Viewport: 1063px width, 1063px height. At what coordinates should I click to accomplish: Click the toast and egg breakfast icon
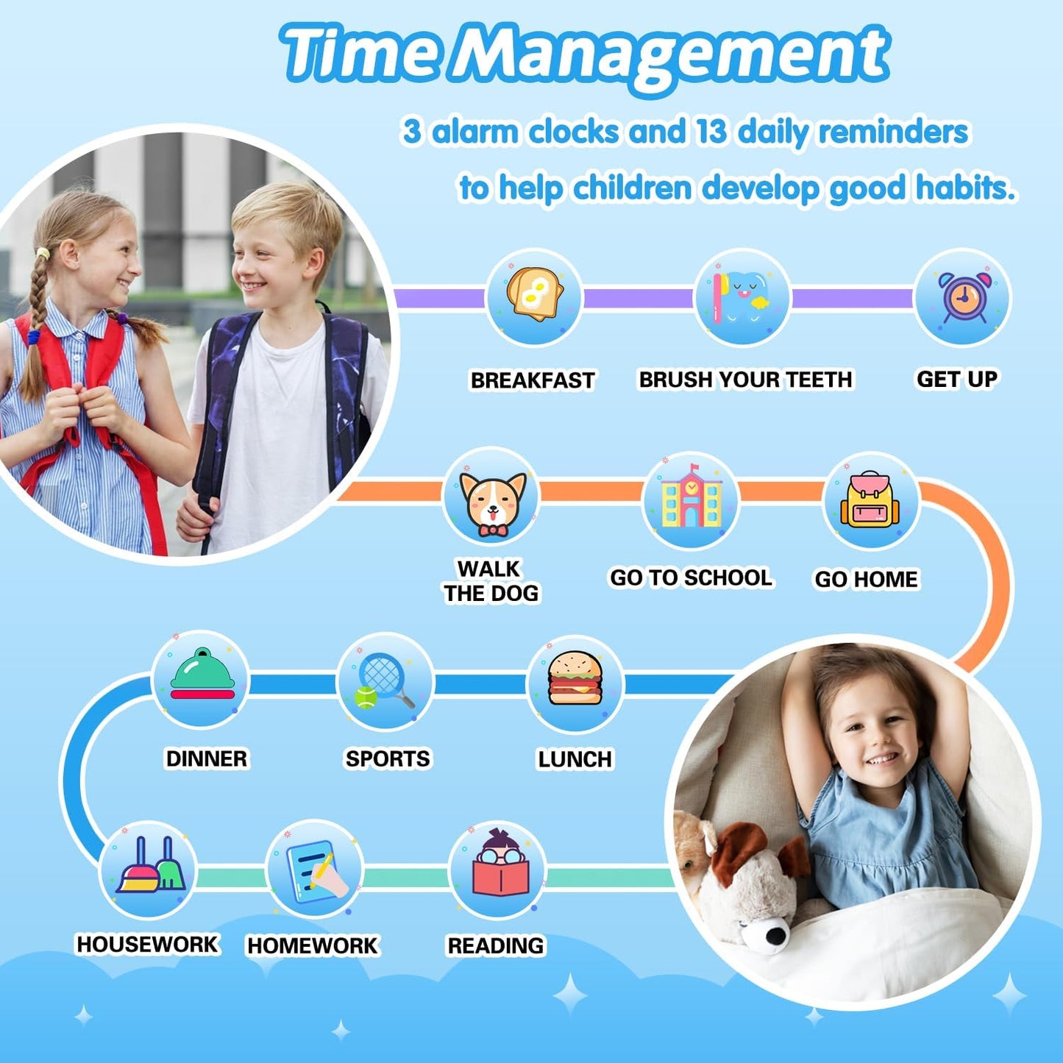point(535,295)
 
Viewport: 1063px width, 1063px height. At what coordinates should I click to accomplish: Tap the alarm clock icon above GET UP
point(963,296)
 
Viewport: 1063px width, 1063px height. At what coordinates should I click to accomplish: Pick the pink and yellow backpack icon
point(870,500)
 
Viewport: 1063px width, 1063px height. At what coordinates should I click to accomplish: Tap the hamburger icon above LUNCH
point(575,679)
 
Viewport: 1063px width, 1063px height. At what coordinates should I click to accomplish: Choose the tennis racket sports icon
point(385,680)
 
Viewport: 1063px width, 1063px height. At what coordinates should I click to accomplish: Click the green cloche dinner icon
point(202,675)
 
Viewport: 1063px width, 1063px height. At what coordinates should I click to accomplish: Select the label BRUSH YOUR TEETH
point(745,380)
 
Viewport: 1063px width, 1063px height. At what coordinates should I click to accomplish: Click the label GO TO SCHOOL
point(691,578)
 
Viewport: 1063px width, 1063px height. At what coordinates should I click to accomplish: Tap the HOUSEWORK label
point(147,945)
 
